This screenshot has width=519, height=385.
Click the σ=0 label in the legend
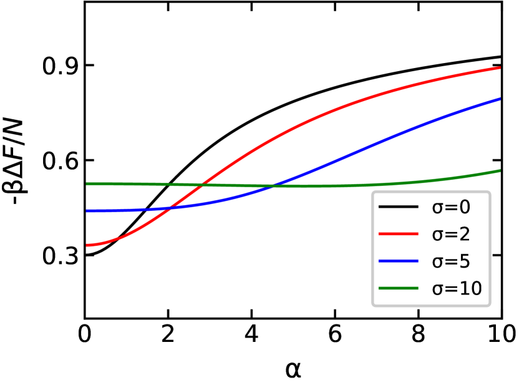point(450,207)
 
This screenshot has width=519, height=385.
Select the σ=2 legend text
point(450,235)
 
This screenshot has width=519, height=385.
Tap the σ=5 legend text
point(450,261)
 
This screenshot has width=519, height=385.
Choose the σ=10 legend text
point(457,288)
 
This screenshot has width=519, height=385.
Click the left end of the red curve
point(87,245)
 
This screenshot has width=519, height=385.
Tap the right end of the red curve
point(500,67)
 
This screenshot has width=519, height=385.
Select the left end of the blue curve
point(87,212)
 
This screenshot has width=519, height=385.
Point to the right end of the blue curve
point(500,99)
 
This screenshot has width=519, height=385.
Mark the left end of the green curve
point(87,183)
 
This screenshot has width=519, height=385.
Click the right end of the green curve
point(500,170)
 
